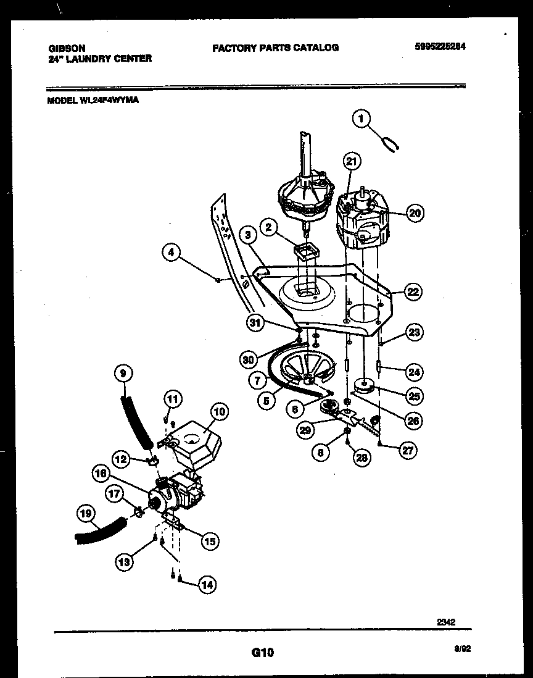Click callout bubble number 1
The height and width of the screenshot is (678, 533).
point(362,118)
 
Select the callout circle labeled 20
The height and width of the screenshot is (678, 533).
point(415,213)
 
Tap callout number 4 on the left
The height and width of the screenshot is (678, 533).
point(173,252)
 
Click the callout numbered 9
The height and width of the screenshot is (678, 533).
point(123,373)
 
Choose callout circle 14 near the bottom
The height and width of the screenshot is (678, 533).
point(208,585)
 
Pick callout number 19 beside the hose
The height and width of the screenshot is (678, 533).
point(88,513)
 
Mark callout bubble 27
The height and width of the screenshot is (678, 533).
point(407,450)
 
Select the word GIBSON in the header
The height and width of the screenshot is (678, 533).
point(66,48)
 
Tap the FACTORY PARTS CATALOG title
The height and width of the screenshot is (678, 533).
point(275,48)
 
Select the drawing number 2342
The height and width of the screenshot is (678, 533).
point(445,622)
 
